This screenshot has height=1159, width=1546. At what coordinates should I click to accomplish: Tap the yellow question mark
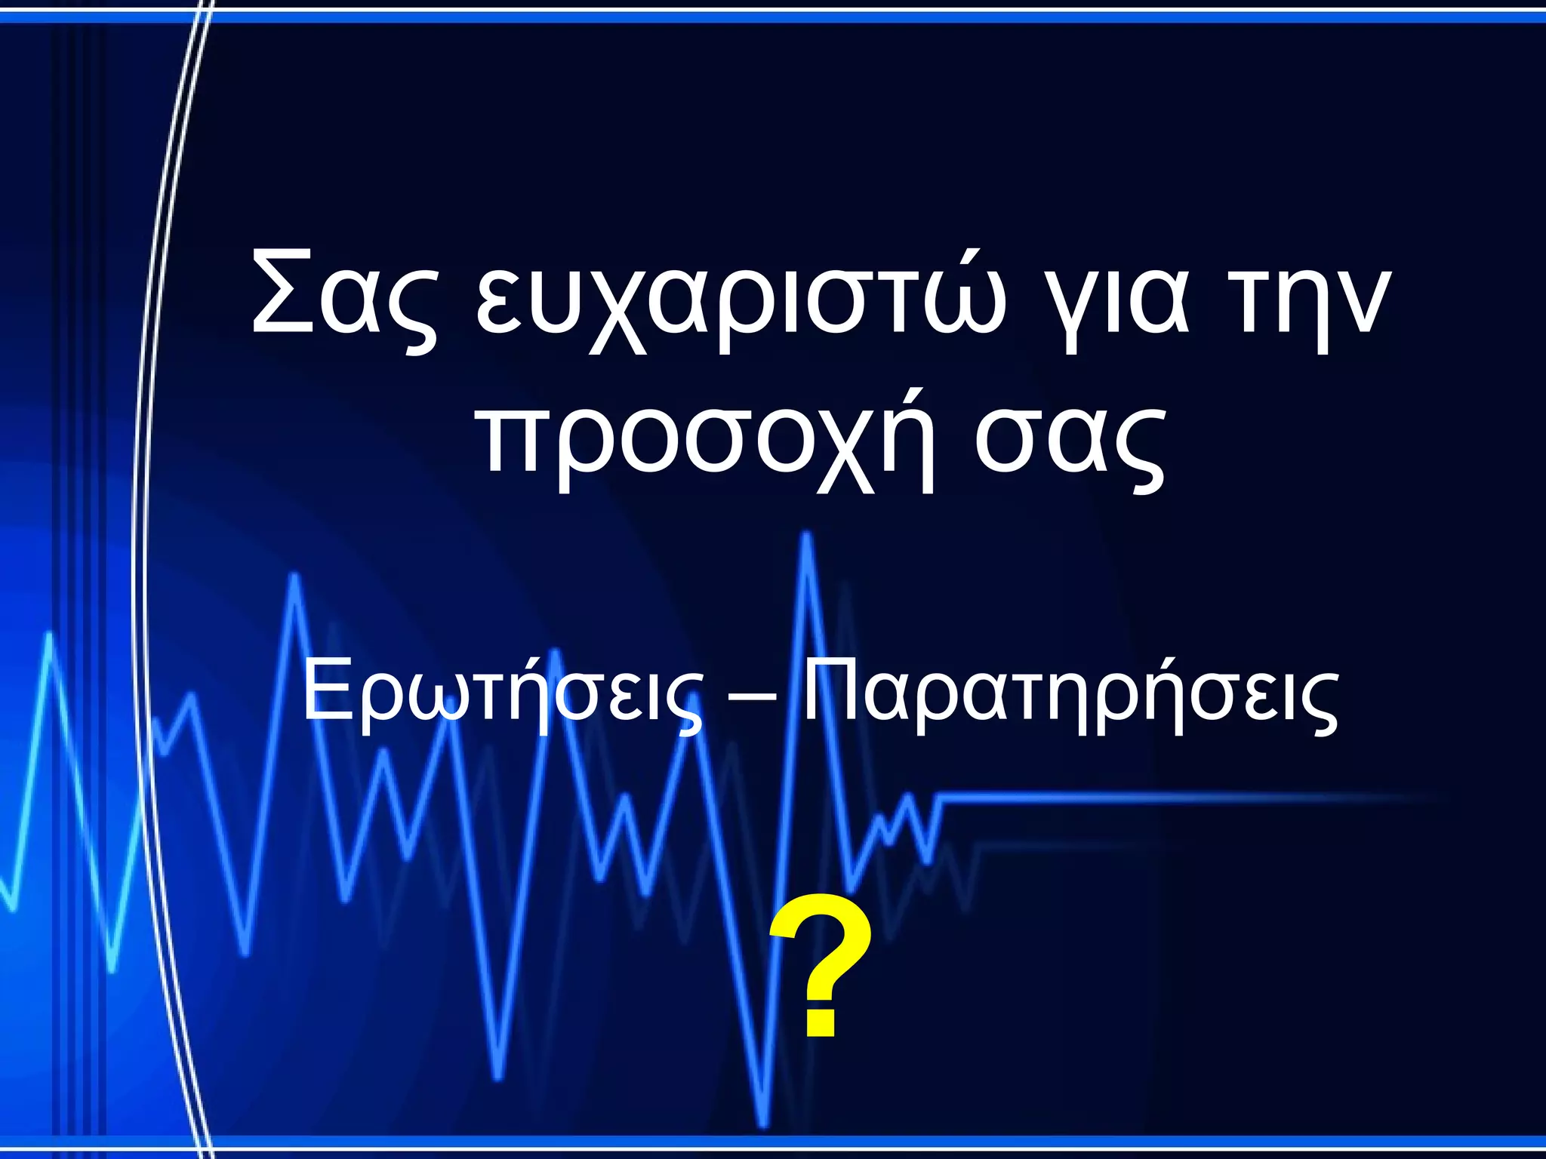(x=821, y=966)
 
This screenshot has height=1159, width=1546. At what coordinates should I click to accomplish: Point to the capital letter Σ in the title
(x=283, y=291)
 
